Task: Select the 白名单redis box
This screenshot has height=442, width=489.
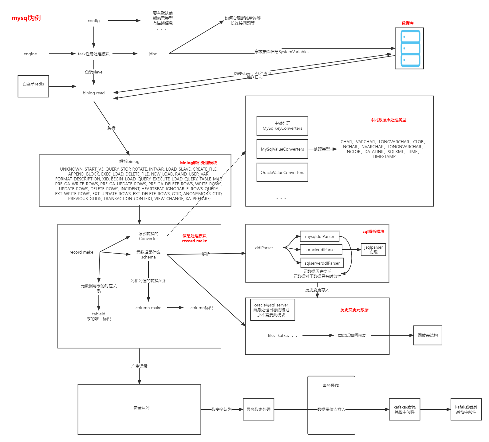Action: [33, 86]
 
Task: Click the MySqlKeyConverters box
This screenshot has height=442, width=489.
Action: [282, 126]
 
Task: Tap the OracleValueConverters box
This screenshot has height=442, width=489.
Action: [282, 172]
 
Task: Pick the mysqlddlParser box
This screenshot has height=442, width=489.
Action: [319, 236]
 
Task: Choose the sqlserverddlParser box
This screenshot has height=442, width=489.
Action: [322, 263]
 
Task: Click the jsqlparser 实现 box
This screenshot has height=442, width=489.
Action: [373, 250]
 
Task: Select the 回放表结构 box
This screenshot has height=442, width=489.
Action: [428, 335]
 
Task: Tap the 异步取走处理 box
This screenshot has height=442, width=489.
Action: [258, 409]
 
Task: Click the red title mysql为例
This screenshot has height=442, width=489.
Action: [26, 18]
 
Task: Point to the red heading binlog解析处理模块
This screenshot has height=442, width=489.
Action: [199, 163]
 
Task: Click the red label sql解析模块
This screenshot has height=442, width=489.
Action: [373, 231]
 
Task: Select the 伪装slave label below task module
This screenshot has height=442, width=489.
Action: [94, 72]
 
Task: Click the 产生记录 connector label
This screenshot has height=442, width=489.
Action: [139, 366]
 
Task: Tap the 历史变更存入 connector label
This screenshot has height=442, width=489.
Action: [317, 290]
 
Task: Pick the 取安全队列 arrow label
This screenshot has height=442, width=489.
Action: [222, 409]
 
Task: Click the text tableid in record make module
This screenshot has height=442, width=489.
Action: [99, 314]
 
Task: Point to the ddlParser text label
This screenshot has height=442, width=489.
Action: [264, 248]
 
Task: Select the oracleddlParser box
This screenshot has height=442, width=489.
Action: [321, 250]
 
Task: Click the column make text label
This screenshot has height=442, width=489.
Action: [148, 308]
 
